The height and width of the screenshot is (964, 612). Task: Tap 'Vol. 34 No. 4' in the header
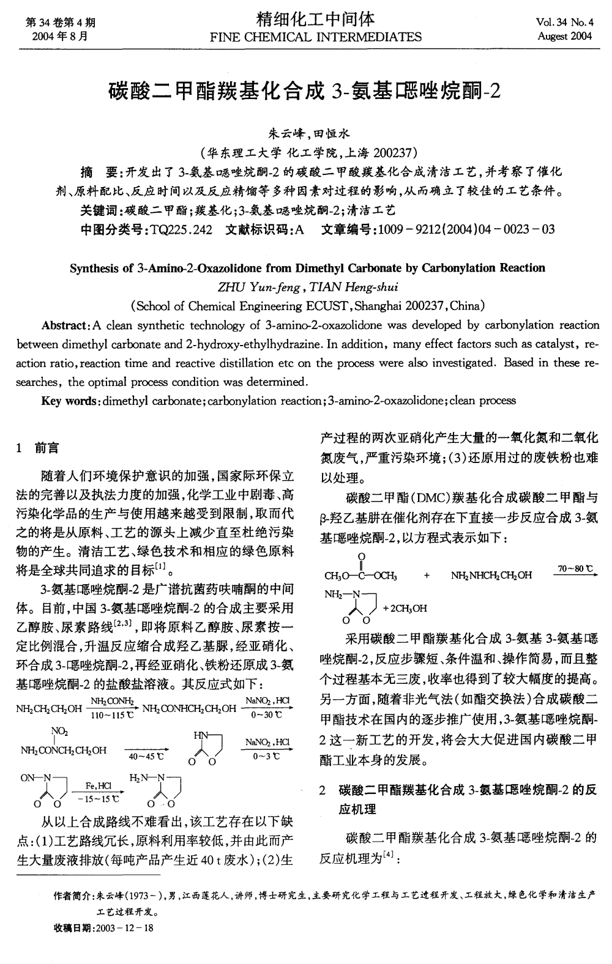564,23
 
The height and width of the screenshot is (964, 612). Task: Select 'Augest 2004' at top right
565,36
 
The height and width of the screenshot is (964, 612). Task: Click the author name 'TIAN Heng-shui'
354,286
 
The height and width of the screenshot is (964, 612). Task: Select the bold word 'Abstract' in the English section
65,325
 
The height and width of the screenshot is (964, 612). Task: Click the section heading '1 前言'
38,448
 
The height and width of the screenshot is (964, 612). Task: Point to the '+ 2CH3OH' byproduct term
405,608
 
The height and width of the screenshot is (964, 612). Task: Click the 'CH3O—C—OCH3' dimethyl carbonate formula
361,576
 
